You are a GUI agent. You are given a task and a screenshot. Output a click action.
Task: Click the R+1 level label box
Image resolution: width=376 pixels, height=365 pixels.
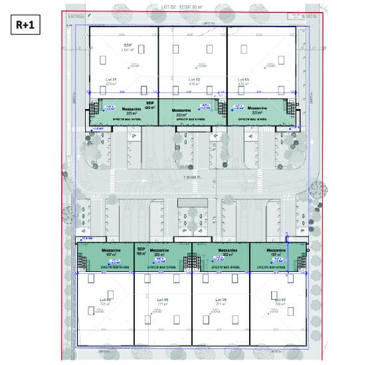pyautogui.click(x=25, y=26)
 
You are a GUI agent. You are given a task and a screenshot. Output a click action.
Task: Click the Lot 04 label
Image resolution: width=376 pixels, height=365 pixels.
pyautogui.click(x=106, y=301)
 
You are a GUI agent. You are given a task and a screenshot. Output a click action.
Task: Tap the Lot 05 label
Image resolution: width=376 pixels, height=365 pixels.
pyautogui.click(x=163, y=301)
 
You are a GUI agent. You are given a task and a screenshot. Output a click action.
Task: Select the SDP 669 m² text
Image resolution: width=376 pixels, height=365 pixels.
pyautogui.click(x=149, y=105)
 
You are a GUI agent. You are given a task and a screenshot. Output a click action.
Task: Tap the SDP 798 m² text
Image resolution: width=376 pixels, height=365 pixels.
pyautogui.click(x=141, y=251)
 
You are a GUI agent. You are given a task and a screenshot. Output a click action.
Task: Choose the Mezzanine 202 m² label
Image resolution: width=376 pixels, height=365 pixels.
pyautogui.click(x=220, y=253)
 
